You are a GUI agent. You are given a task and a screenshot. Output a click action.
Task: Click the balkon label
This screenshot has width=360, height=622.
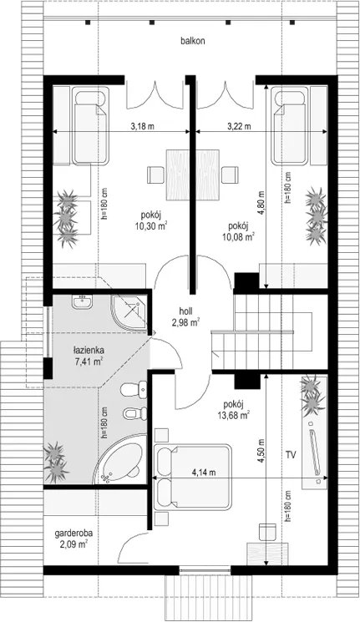193,41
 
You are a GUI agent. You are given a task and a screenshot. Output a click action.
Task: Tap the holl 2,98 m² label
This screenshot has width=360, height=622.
185,317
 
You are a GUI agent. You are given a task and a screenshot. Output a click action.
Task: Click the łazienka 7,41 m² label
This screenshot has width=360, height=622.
89,356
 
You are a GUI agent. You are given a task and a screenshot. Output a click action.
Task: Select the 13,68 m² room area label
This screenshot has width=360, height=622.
233,410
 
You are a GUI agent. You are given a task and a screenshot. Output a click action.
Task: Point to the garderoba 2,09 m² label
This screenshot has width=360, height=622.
71,539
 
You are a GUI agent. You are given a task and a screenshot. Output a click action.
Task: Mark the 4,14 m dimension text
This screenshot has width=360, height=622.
204,472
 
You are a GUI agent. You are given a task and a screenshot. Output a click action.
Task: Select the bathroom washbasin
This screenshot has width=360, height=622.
83,301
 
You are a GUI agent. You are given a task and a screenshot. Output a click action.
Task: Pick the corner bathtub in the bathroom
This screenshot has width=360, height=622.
119,459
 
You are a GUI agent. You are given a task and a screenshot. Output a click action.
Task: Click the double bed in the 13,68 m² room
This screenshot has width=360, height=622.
192,477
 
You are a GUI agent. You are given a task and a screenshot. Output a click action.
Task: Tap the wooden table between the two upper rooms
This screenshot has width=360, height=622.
193,174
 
